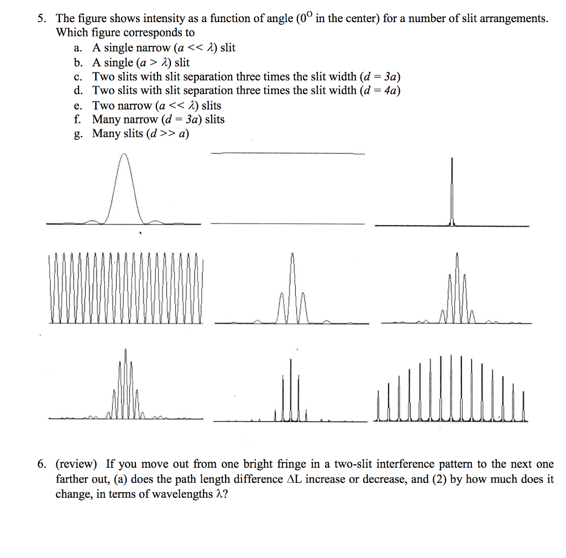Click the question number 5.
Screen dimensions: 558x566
click(41, 19)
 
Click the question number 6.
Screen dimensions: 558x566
click(41, 464)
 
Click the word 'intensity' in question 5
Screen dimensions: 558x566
click(142, 19)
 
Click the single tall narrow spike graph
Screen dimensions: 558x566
click(452, 191)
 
